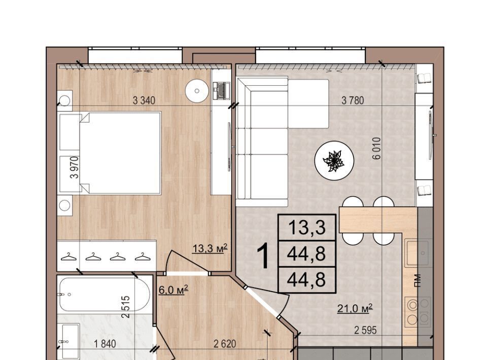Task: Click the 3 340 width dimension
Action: pyautogui.click(x=144, y=100)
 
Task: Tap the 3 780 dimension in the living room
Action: pyautogui.click(x=353, y=100)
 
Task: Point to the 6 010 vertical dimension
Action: pyautogui.click(x=376, y=149)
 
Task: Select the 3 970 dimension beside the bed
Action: pyautogui.click(x=75, y=167)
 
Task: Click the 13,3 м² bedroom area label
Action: pyautogui.click(x=210, y=248)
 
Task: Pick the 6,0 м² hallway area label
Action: pyautogui.click(x=173, y=290)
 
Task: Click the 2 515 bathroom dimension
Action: pyautogui.click(x=125, y=307)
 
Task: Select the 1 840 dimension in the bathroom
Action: pyautogui.click(x=105, y=344)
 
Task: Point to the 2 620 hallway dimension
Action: pyautogui.click(x=225, y=344)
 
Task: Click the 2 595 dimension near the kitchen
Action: pyautogui.click(x=366, y=330)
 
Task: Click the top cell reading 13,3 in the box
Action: pyautogui.click(x=307, y=228)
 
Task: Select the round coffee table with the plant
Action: pyautogui.click(x=334, y=160)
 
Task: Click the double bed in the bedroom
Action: pyautogui.click(x=120, y=153)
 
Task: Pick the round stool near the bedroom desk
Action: pyautogui.click(x=197, y=91)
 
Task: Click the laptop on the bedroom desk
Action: pyautogui.click(x=221, y=90)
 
